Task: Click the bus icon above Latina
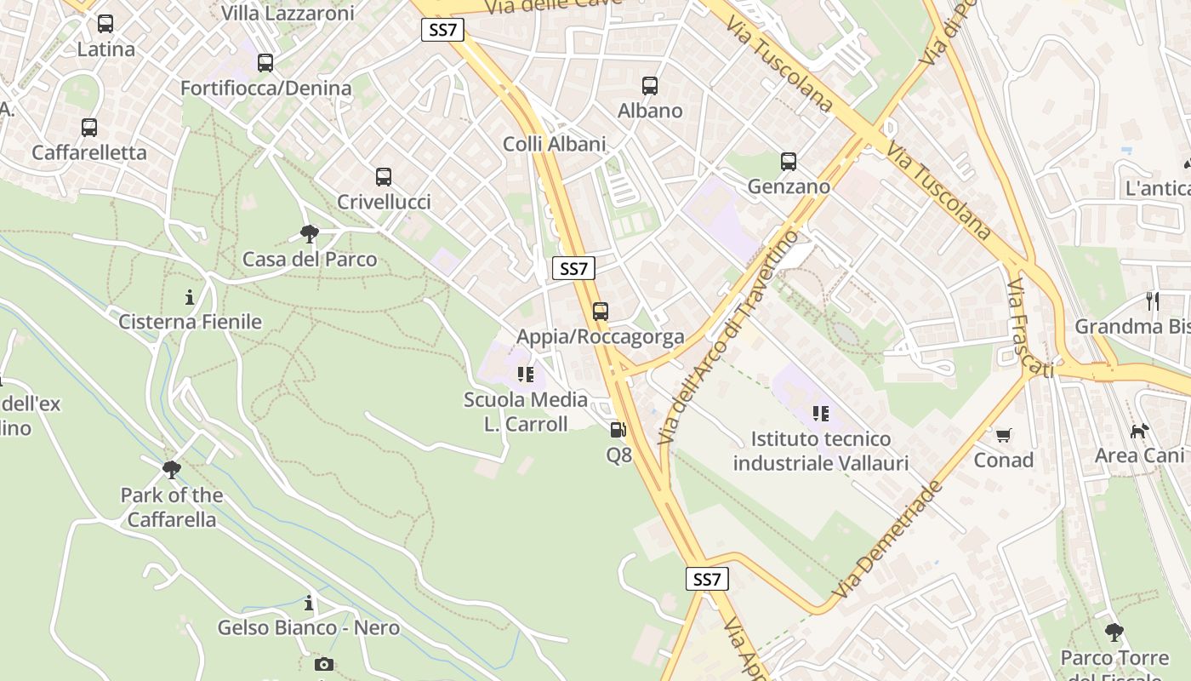tap(105, 24)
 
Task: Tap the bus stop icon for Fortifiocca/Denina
tap(265, 62)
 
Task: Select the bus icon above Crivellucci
tap(384, 177)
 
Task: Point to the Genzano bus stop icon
tap(789, 161)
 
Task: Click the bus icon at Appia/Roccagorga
tap(601, 312)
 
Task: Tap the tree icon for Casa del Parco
tap(310, 234)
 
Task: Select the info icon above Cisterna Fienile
tap(190, 298)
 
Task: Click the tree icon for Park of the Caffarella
tap(172, 470)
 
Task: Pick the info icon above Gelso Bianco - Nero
tap(309, 604)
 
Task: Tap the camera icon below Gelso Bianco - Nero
tap(323, 664)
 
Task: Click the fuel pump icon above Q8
tap(618, 430)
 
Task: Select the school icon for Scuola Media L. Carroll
tap(525, 375)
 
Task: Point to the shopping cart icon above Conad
tap(1004, 435)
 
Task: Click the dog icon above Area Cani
tap(1139, 431)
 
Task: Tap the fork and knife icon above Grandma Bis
tap(1153, 300)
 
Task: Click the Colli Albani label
tap(555, 144)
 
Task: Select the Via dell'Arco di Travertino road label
tap(730, 337)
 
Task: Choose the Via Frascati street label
tap(1029, 328)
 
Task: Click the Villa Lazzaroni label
tap(288, 13)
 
